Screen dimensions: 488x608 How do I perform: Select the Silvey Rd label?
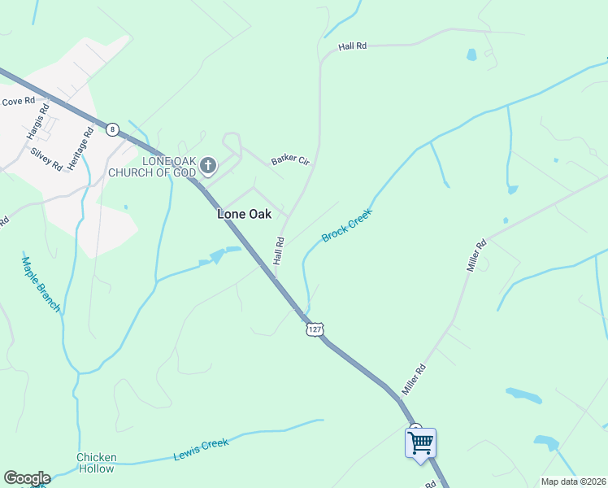click(46, 158)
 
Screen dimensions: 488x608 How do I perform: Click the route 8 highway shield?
click(112, 129)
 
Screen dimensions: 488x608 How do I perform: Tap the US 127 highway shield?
click(315, 329)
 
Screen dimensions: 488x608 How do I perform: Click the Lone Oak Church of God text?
click(170, 167)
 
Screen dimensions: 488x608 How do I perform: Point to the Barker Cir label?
click(291, 160)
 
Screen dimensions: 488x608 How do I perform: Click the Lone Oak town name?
click(244, 215)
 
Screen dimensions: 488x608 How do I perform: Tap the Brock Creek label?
click(346, 225)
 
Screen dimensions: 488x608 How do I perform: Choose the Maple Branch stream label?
click(41, 284)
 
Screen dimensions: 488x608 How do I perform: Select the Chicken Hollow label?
click(97, 463)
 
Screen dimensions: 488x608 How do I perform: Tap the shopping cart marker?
click(420, 444)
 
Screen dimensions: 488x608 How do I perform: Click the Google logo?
click(27, 478)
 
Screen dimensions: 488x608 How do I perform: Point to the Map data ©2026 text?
click(573, 481)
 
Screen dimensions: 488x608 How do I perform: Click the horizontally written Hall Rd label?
click(354, 46)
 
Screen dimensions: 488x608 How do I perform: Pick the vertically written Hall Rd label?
click(279, 251)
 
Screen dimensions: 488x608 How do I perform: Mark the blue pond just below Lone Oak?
click(217, 257)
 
